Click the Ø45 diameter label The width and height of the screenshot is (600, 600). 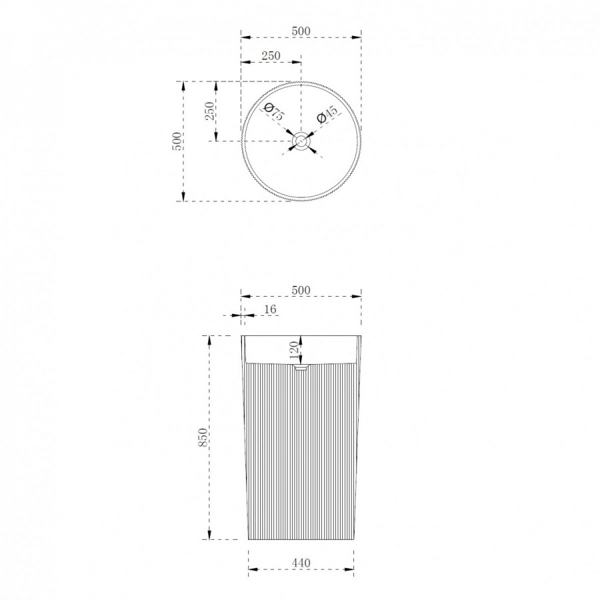[x=327, y=113]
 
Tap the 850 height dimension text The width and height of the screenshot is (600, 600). [x=203, y=437]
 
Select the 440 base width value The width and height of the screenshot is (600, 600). [x=301, y=563]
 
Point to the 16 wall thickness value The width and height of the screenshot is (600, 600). [x=270, y=309]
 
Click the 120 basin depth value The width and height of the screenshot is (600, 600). [x=294, y=350]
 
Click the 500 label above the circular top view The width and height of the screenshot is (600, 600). [x=301, y=31]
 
